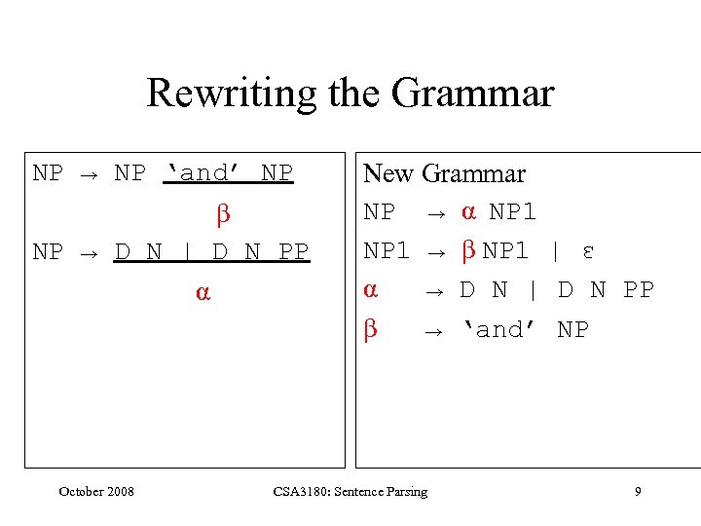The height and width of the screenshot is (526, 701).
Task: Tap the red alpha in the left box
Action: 202,290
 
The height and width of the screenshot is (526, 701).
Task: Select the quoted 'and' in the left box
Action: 203,173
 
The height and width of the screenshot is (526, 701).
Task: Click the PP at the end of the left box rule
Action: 293,252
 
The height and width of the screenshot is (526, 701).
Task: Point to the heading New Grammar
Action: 444,173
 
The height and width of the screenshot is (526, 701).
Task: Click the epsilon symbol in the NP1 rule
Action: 588,251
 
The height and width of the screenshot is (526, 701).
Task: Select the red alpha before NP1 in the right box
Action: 468,211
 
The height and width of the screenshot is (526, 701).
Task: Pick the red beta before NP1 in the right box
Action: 467,251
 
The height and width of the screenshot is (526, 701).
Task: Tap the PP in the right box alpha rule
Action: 639,290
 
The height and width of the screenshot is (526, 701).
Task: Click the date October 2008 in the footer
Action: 96,491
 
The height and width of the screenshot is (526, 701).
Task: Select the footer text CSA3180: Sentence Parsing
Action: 350,491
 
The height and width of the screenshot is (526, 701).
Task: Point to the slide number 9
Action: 638,491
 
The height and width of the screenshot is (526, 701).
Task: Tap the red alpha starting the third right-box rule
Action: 370,289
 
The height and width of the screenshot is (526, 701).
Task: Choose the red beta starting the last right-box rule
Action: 370,329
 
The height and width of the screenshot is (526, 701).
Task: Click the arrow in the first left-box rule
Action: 89,174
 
